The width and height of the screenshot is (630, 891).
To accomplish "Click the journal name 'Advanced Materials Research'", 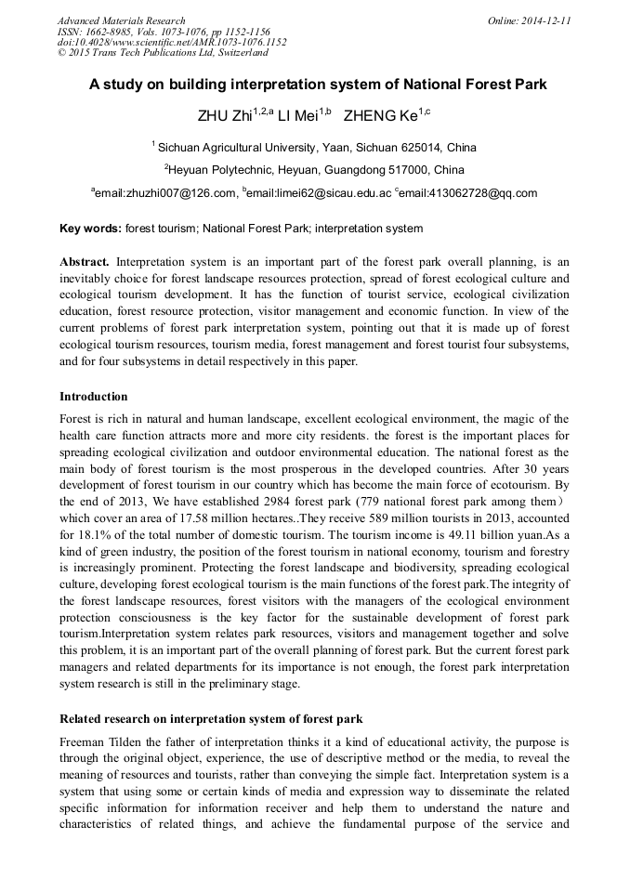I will point(121,20).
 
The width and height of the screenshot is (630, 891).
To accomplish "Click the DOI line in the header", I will point(172,42).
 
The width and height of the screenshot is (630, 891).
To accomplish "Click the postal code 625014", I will point(412,147).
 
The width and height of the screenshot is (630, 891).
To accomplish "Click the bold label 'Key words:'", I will point(90,228).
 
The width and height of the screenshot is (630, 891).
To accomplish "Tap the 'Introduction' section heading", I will point(93,397).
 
